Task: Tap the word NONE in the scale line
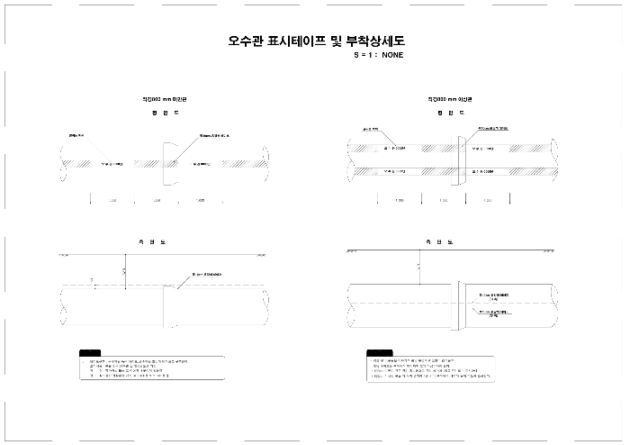coord(392,56)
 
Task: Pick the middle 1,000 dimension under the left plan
coord(155,200)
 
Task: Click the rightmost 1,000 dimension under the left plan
coord(200,200)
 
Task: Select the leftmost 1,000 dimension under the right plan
coord(398,200)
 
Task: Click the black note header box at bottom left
coord(91,353)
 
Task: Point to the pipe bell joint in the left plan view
coord(170,164)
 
